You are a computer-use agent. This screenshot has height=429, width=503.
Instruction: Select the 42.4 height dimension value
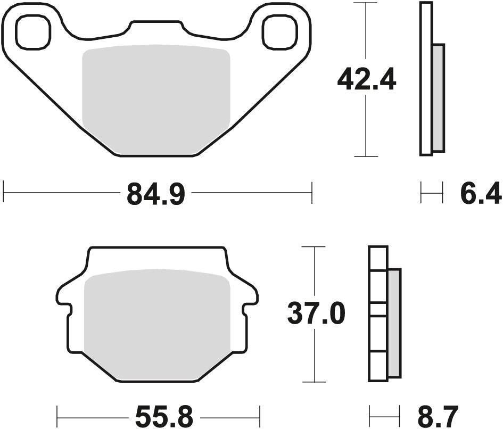point(366,81)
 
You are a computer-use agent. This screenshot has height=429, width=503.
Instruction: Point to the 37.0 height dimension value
point(316,314)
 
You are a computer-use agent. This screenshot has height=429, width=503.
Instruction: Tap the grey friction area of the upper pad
point(155,96)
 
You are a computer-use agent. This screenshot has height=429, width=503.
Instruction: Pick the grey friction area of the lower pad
point(157,325)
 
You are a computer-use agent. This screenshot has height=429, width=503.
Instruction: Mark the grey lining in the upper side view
point(438,97)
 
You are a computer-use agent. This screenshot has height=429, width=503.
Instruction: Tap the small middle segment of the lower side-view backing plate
point(378,309)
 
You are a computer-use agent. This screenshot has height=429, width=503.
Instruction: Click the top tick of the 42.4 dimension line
point(366,3)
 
